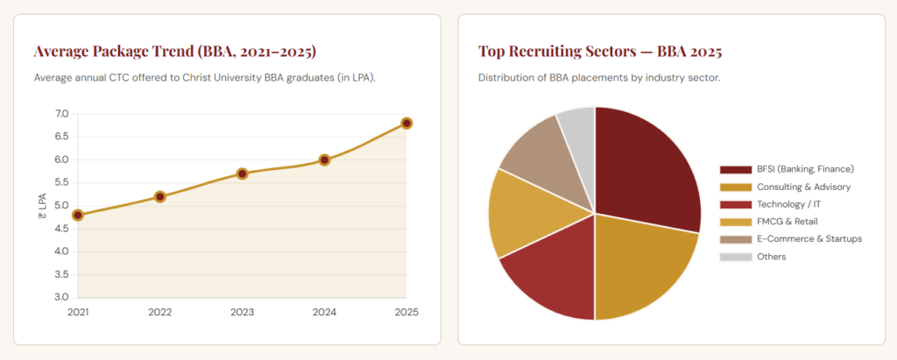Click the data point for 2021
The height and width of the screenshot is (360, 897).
point(78,215)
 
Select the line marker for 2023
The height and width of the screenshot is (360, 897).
point(242,173)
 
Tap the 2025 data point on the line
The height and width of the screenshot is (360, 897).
point(406,123)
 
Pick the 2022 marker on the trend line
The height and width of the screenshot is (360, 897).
point(160,197)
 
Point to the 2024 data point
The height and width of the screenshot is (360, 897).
point(324,159)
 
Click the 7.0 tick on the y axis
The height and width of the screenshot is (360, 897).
point(62,114)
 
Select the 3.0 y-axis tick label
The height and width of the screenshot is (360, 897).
point(62,298)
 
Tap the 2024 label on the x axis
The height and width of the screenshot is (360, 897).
point(324,313)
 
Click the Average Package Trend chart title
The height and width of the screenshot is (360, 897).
point(175,52)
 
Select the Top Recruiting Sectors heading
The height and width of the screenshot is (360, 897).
point(600,52)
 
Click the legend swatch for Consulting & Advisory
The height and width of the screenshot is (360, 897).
point(735,187)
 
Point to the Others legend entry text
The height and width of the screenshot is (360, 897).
point(771,257)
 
